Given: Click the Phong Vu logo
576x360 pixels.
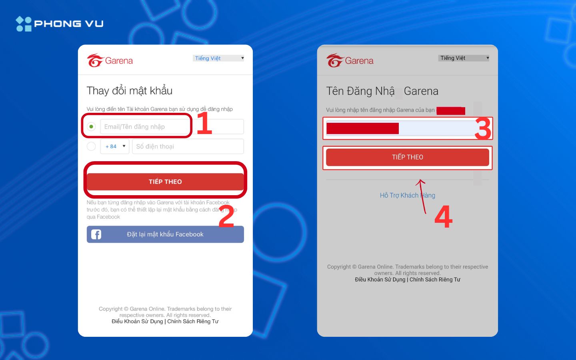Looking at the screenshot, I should [x=60, y=24].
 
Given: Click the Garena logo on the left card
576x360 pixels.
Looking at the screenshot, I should [x=110, y=61].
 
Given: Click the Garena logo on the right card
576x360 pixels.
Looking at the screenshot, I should [x=350, y=61].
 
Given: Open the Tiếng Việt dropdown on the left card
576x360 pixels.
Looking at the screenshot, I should [x=218, y=58].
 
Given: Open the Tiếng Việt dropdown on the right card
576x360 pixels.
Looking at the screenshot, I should [x=464, y=58].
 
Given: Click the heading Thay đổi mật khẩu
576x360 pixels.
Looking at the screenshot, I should [x=129, y=91].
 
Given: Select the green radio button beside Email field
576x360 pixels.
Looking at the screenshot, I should [x=91, y=127].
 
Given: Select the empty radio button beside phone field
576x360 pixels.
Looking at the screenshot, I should [x=91, y=146].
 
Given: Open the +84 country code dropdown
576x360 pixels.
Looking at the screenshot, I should [x=115, y=146].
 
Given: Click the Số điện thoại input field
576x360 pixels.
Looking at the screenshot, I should [x=188, y=146].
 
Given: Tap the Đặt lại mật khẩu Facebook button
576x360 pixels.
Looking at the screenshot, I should [x=165, y=234].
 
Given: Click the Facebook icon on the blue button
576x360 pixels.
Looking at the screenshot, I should [x=96, y=234].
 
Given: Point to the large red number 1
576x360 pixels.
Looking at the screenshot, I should [x=204, y=123].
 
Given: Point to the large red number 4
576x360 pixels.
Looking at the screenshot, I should [x=443, y=217].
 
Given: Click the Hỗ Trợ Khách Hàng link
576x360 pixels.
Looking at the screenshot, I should [x=407, y=195].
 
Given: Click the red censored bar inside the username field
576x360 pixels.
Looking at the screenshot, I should [x=362, y=128].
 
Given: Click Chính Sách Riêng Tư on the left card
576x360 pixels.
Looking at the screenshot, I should [x=193, y=322].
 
